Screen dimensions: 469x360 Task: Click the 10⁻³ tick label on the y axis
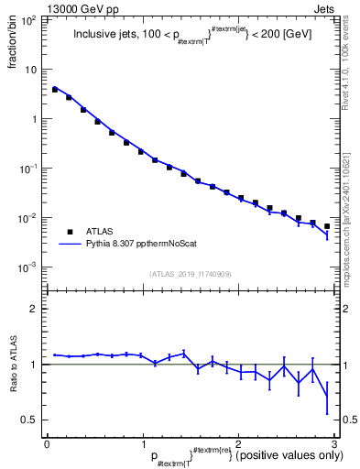click(x=29, y=267)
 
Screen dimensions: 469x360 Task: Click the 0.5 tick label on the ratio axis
click(x=30, y=420)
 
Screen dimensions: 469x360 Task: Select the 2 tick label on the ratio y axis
click(x=35, y=309)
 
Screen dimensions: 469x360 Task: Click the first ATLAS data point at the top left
click(x=55, y=90)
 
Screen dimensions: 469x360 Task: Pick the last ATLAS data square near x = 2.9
click(x=327, y=226)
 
